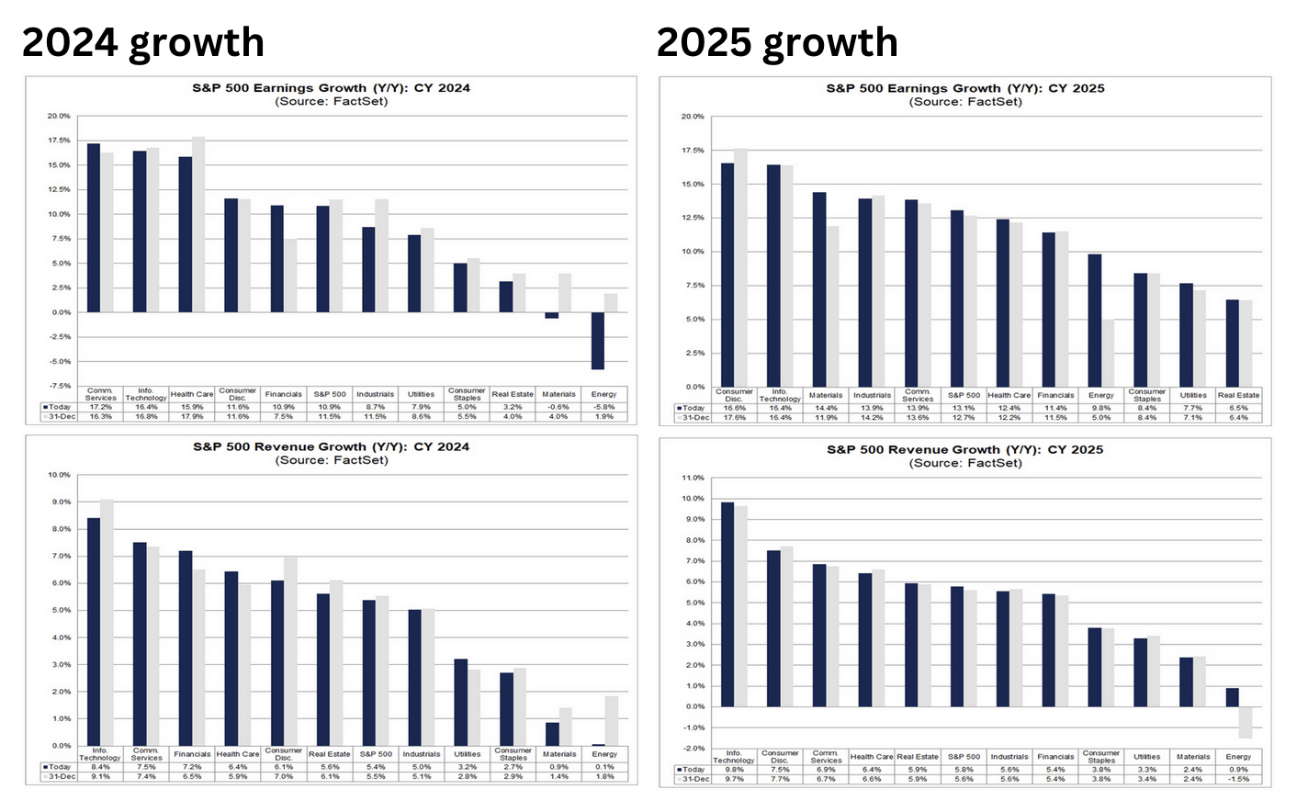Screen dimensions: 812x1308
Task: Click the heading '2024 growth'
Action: click(142, 42)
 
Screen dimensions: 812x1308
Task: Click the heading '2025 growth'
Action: click(777, 42)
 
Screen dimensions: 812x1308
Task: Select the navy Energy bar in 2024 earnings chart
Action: click(598, 341)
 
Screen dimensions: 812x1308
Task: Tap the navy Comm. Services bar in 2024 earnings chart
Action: click(94, 228)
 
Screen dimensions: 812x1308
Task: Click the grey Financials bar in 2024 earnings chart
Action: click(290, 276)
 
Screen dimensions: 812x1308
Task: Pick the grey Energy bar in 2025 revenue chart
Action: click(1246, 722)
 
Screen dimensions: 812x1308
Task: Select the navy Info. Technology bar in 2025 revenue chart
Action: click(727, 604)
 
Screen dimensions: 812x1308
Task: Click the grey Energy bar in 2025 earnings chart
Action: click(1108, 353)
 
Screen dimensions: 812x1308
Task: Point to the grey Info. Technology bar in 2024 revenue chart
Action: click(107, 622)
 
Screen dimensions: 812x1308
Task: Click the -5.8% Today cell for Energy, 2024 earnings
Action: click(603, 407)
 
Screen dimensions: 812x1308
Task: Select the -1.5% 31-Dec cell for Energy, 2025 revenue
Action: click(1238, 779)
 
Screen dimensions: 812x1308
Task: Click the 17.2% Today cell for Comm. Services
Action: click(99, 407)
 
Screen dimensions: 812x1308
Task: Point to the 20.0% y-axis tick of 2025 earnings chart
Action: click(693, 117)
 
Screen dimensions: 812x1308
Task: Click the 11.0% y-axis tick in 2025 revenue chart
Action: click(693, 479)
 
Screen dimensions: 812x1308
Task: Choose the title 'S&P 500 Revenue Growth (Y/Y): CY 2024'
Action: click(331, 446)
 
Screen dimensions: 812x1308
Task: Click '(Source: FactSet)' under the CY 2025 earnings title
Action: click(965, 102)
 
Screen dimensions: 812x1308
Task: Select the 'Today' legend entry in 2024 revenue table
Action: click(59, 766)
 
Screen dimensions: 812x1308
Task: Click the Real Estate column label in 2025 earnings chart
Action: click(1238, 395)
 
